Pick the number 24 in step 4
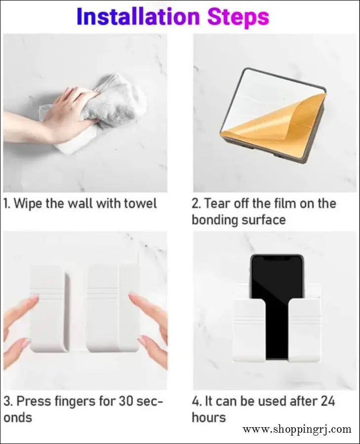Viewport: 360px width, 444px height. coord(327,401)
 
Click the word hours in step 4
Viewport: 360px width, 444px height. coord(209,417)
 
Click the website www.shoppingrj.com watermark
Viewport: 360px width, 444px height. coord(297,429)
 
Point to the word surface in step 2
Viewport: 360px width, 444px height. coord(263,220)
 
